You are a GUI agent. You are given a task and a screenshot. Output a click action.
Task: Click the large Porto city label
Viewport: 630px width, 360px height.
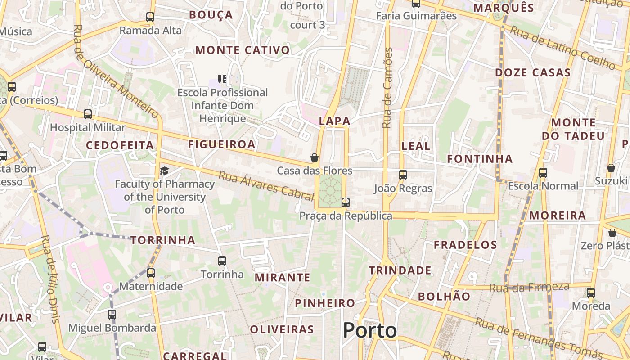(370, 331)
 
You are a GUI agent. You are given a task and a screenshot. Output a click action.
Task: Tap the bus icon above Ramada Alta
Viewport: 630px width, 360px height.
(150, 18)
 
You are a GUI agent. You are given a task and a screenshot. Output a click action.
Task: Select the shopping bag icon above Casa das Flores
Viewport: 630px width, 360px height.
(315, 157)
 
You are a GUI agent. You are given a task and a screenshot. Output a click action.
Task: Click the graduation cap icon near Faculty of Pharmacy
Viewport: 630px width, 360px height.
(165, 171)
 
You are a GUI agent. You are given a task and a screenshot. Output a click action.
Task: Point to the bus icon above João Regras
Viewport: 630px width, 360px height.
(403, 175)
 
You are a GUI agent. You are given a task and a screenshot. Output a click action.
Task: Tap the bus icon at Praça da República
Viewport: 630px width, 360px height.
(346, 202)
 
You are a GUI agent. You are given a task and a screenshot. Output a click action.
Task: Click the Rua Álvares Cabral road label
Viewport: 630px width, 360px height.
(265, 185)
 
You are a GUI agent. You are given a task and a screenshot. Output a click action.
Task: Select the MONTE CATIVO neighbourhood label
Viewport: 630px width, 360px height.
(243, 50)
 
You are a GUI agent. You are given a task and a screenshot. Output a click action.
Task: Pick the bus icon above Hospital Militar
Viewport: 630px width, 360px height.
(88, 114)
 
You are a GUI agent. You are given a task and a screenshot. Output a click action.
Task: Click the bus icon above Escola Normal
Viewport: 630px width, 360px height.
(543, 172)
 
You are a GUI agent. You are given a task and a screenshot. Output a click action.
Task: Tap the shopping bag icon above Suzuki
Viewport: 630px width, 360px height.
(611, 168)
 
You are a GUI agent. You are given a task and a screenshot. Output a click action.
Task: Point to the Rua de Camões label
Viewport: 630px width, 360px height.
(387, 88)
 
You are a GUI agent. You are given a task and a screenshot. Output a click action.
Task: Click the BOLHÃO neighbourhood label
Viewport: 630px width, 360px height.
(444, 297)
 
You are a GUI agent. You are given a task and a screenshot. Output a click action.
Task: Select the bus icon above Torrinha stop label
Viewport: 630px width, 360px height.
(222, 261)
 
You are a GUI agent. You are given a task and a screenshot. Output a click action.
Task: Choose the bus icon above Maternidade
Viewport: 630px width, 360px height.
(151, 273)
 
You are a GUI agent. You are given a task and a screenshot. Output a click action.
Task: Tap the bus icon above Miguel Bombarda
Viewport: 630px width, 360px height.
(112, 315)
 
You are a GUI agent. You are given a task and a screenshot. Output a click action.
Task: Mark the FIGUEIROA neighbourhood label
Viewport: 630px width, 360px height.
(221, 144)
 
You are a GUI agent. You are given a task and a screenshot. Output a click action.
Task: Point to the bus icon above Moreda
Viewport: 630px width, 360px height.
(591, 293)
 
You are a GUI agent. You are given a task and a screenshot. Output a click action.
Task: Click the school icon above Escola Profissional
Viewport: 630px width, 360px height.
(222, 80)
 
